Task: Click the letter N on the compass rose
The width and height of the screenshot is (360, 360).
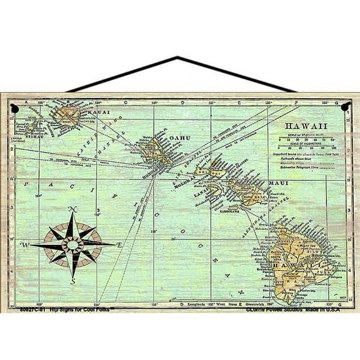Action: tap(72, 209)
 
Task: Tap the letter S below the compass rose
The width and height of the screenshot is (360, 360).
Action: tap(73, 282)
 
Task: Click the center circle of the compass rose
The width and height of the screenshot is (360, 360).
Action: tap(73, 245)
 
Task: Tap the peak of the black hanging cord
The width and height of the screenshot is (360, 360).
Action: tap(181, 57)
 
